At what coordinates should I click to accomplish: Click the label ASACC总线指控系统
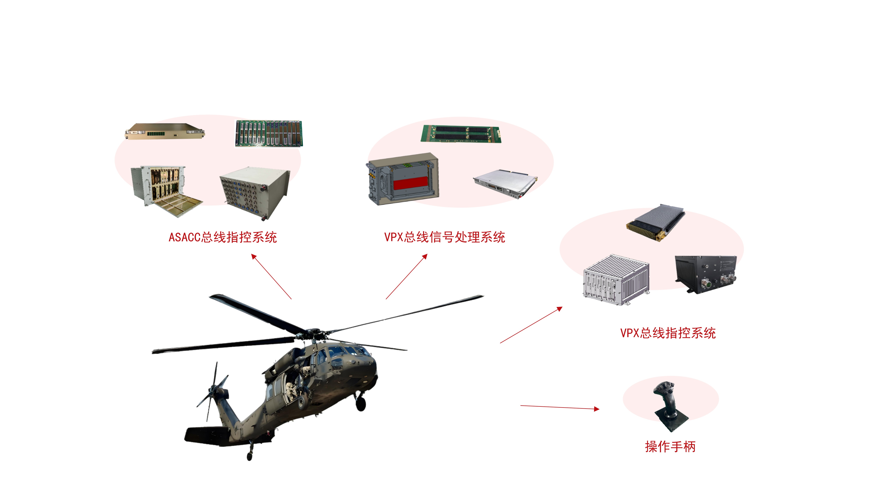223,237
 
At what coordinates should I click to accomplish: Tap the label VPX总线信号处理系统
444,237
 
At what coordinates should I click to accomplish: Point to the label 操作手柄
670,446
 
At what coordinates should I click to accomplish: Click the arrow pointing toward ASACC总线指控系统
271,277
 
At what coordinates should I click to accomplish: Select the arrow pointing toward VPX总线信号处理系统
406,277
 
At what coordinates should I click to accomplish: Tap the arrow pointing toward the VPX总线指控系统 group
531,325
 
